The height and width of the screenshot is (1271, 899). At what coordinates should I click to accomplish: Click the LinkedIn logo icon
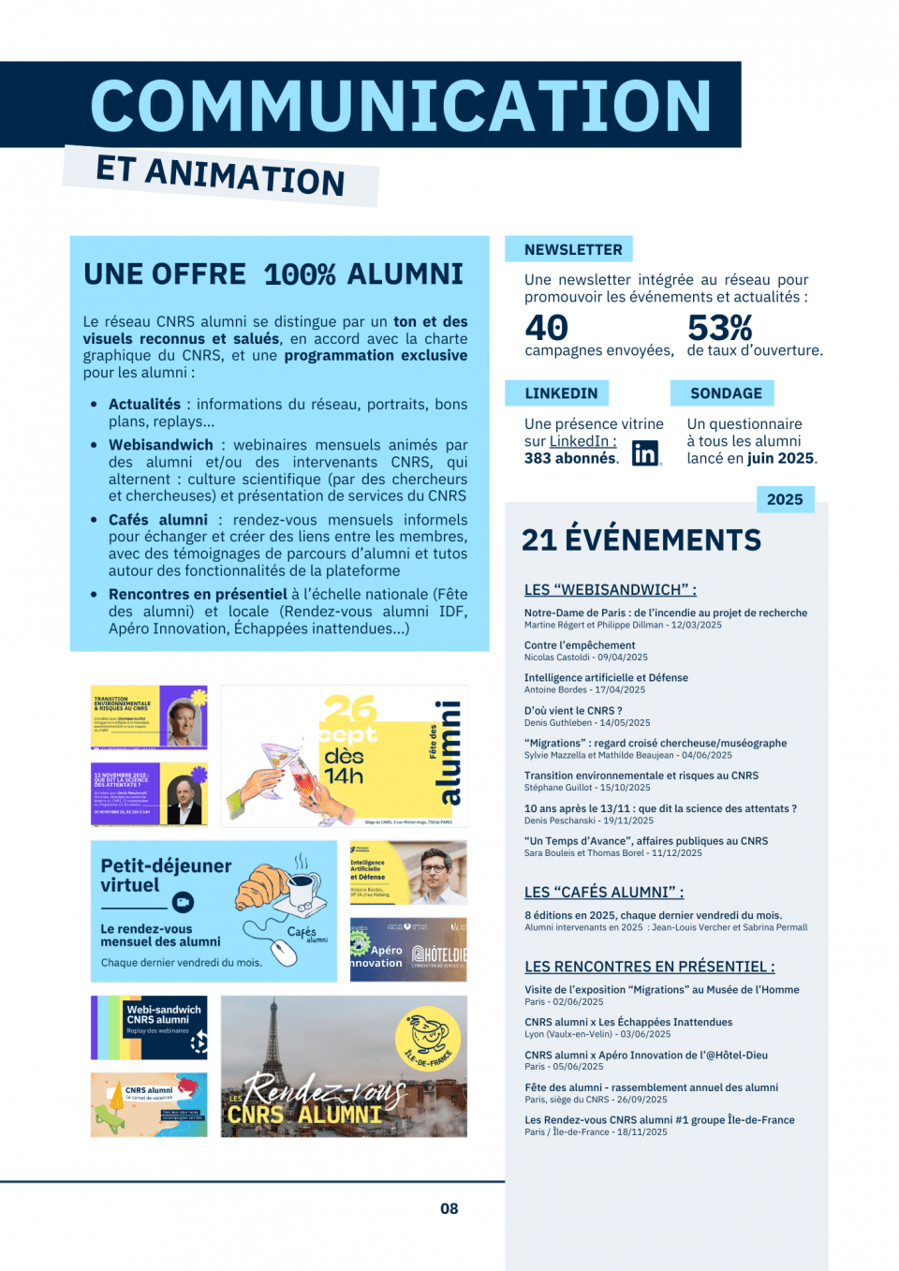pyautogui.click(x=645, y=453)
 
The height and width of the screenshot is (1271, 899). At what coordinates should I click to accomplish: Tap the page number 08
pyautogui.click(x=449, y=1208)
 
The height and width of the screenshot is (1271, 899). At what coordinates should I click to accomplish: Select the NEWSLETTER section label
pyautogui.click(x=573, y=249)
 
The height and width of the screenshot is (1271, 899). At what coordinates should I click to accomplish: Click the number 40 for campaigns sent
pyautogui.click(x=547, y=328)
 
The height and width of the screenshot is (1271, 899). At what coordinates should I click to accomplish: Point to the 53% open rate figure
pyautogui.click(x=719, y=328)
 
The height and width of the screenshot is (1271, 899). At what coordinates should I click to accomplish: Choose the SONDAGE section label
pyautogui.click(x=726, y=393)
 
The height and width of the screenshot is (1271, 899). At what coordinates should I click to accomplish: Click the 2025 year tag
pyautogui.click(x=785, y=499)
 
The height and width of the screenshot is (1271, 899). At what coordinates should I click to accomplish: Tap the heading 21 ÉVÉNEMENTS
pyautogui.click(x=641, y=539)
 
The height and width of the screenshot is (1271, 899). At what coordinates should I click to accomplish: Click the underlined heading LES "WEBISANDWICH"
pyautogui.click(x=610, y=589)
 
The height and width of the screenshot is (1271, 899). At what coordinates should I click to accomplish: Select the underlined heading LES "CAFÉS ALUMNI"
pyautogui.click(x=604, y=892)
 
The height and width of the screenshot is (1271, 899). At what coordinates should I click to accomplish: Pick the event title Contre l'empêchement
pyautogui.click(x=580, y=644)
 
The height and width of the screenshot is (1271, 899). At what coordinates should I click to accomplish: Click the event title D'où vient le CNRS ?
pyautogui.click(x=573, y=710)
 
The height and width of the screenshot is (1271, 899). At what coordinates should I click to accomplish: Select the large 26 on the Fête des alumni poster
pyautogui.click(x=348, y=709)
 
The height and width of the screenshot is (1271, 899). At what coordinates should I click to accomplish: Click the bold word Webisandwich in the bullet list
pyautogui.click(x=161, y=445)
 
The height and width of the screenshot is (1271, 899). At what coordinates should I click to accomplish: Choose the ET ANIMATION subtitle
pyautogui.click(x=221, y=175)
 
